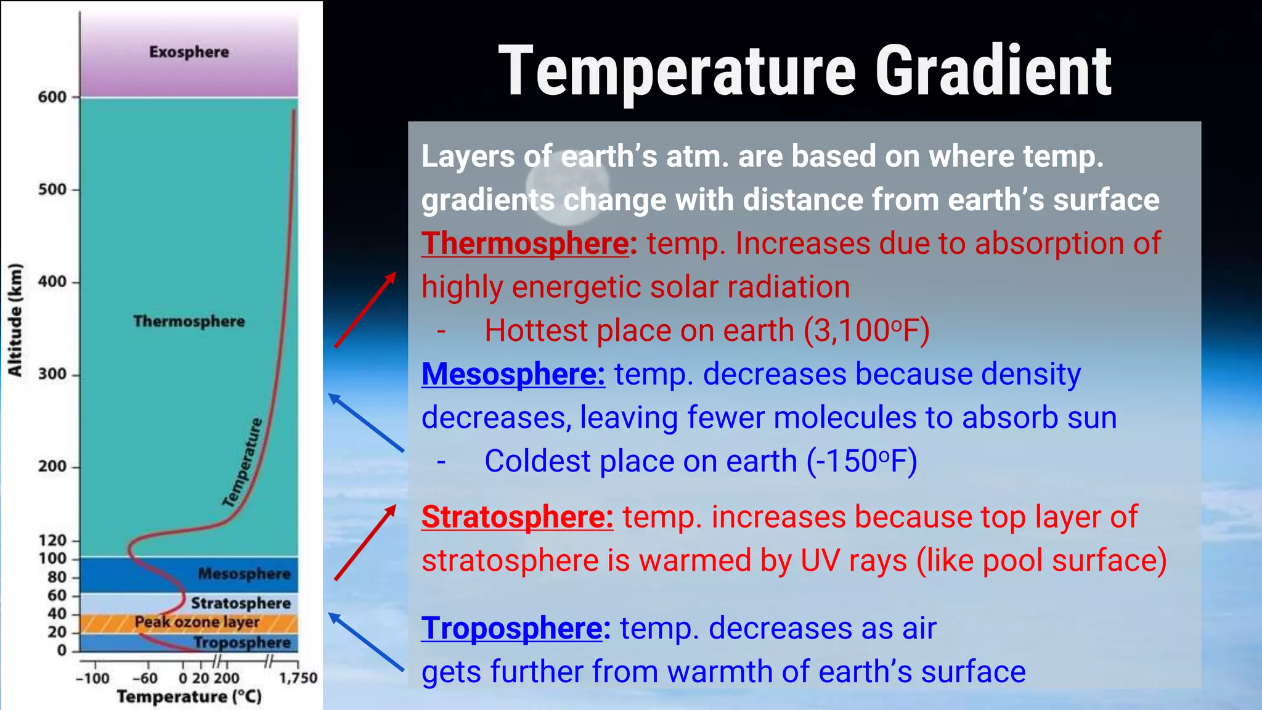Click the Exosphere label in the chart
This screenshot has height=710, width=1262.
(x=189, y=52)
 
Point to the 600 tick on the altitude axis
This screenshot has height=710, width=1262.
(x=52, y=97)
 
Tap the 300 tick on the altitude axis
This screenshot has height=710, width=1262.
(x=52, y=374)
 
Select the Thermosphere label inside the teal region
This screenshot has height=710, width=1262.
(x=189, y=321)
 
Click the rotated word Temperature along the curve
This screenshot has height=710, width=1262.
(x=243, y=463)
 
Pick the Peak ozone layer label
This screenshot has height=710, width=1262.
(x=197, y=622)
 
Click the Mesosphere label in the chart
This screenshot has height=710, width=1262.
(x=244, y=574)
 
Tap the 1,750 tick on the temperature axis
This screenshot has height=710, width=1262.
(x=298, y=678)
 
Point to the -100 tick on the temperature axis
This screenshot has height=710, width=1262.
(x=92, y=678)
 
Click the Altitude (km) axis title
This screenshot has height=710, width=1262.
(x=15, y=320)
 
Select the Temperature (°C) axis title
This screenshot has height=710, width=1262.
(x=189, y=697)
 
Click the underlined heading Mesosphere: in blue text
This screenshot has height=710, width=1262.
(x=513, y=374)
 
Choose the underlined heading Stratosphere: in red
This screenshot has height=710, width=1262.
(x=517, y=517)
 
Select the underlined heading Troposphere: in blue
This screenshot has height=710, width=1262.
(x=515, y=629)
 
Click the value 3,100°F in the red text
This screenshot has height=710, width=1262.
(x=866, y=331)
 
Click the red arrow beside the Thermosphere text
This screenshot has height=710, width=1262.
(x=365, y=310)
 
